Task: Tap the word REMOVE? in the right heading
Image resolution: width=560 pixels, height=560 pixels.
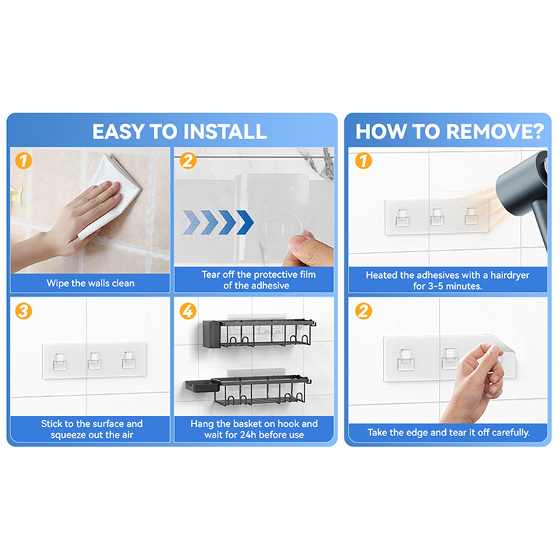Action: click(x=495, y=132)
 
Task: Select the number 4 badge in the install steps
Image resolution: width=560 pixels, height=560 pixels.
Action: click(x=188, y=311)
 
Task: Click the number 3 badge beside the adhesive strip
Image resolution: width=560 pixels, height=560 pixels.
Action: click(x=24, y=311)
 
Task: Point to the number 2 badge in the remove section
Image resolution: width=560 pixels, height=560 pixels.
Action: click(x=363, y=311)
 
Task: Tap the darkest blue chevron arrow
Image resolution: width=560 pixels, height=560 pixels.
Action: click(x=245, y=222)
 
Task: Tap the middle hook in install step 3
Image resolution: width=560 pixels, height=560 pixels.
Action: click(x=94, y=360)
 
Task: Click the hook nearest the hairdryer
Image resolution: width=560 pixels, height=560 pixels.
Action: click(x=471, y=216)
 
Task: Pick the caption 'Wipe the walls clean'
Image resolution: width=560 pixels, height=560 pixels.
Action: click(x=90, y=283)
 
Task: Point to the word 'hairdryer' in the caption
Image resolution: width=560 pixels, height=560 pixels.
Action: click(x=510, y=275)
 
